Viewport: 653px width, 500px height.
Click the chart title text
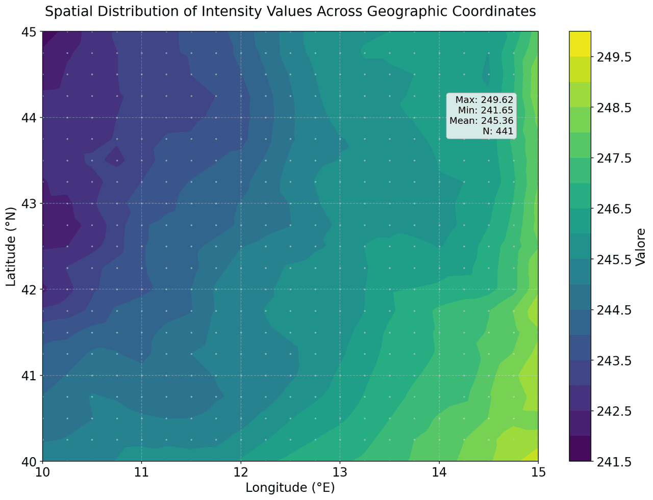coord(290,11)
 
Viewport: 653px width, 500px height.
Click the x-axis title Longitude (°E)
coord(290,488)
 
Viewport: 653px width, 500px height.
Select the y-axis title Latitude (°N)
coord(11,247)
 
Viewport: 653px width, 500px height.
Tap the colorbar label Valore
coord(641,247)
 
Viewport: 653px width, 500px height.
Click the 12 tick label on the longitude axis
coord(240,472)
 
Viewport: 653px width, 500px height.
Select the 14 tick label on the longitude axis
coord(439,472)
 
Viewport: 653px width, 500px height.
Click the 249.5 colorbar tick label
coord(614,57)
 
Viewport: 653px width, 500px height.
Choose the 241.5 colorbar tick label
coord(614,461)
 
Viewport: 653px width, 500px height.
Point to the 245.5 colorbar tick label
coord(614,259)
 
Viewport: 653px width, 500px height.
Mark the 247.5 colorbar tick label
coord(614,159)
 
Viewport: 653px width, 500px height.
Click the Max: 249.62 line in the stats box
coord(484,100)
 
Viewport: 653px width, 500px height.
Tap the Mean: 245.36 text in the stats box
coord(481,121)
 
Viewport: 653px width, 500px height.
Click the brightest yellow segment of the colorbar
coord(580,44)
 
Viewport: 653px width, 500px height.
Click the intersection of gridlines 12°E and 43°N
coord(240,203)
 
